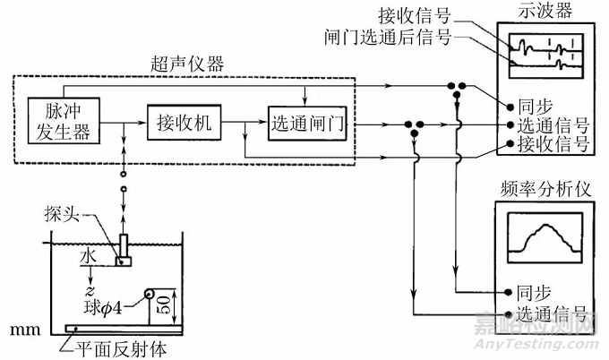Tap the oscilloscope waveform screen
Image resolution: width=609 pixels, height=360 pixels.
[x=544, y=53]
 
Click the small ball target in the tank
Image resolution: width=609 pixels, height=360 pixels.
[x=147, y=293]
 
